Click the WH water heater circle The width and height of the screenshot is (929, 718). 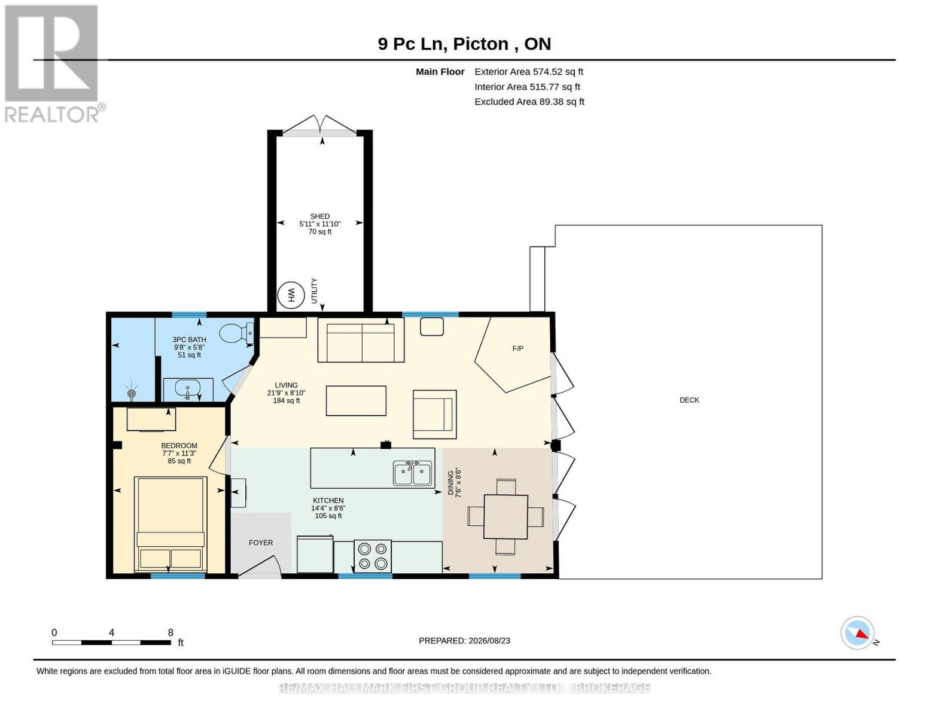[x=291, y=294]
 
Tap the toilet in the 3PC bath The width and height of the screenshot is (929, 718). [x=236, y=332]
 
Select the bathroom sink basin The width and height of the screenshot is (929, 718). [x=187, y=389]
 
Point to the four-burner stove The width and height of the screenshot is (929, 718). [x=372, y=557]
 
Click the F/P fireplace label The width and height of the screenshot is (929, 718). [x=517, y=348]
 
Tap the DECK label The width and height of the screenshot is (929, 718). [x=689, y=400]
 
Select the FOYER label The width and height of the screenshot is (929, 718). [x=261, y=543]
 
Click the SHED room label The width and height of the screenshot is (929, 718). [x=320, y=217]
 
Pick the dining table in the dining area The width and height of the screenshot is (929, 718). [x=505, y=516]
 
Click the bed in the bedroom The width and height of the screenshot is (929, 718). [x=170, y=524]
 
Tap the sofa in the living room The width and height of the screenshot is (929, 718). [x=361, y=340]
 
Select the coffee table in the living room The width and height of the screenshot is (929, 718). [x=356, y=401]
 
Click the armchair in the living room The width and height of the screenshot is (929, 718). [x=434, y=414]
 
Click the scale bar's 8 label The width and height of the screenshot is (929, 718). [x=170, y=632]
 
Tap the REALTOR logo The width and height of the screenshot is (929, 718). [x=53, y=63]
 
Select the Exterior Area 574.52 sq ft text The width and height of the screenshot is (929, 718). [x=529, y=72]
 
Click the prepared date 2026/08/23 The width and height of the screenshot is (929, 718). [x=489, y=641]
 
